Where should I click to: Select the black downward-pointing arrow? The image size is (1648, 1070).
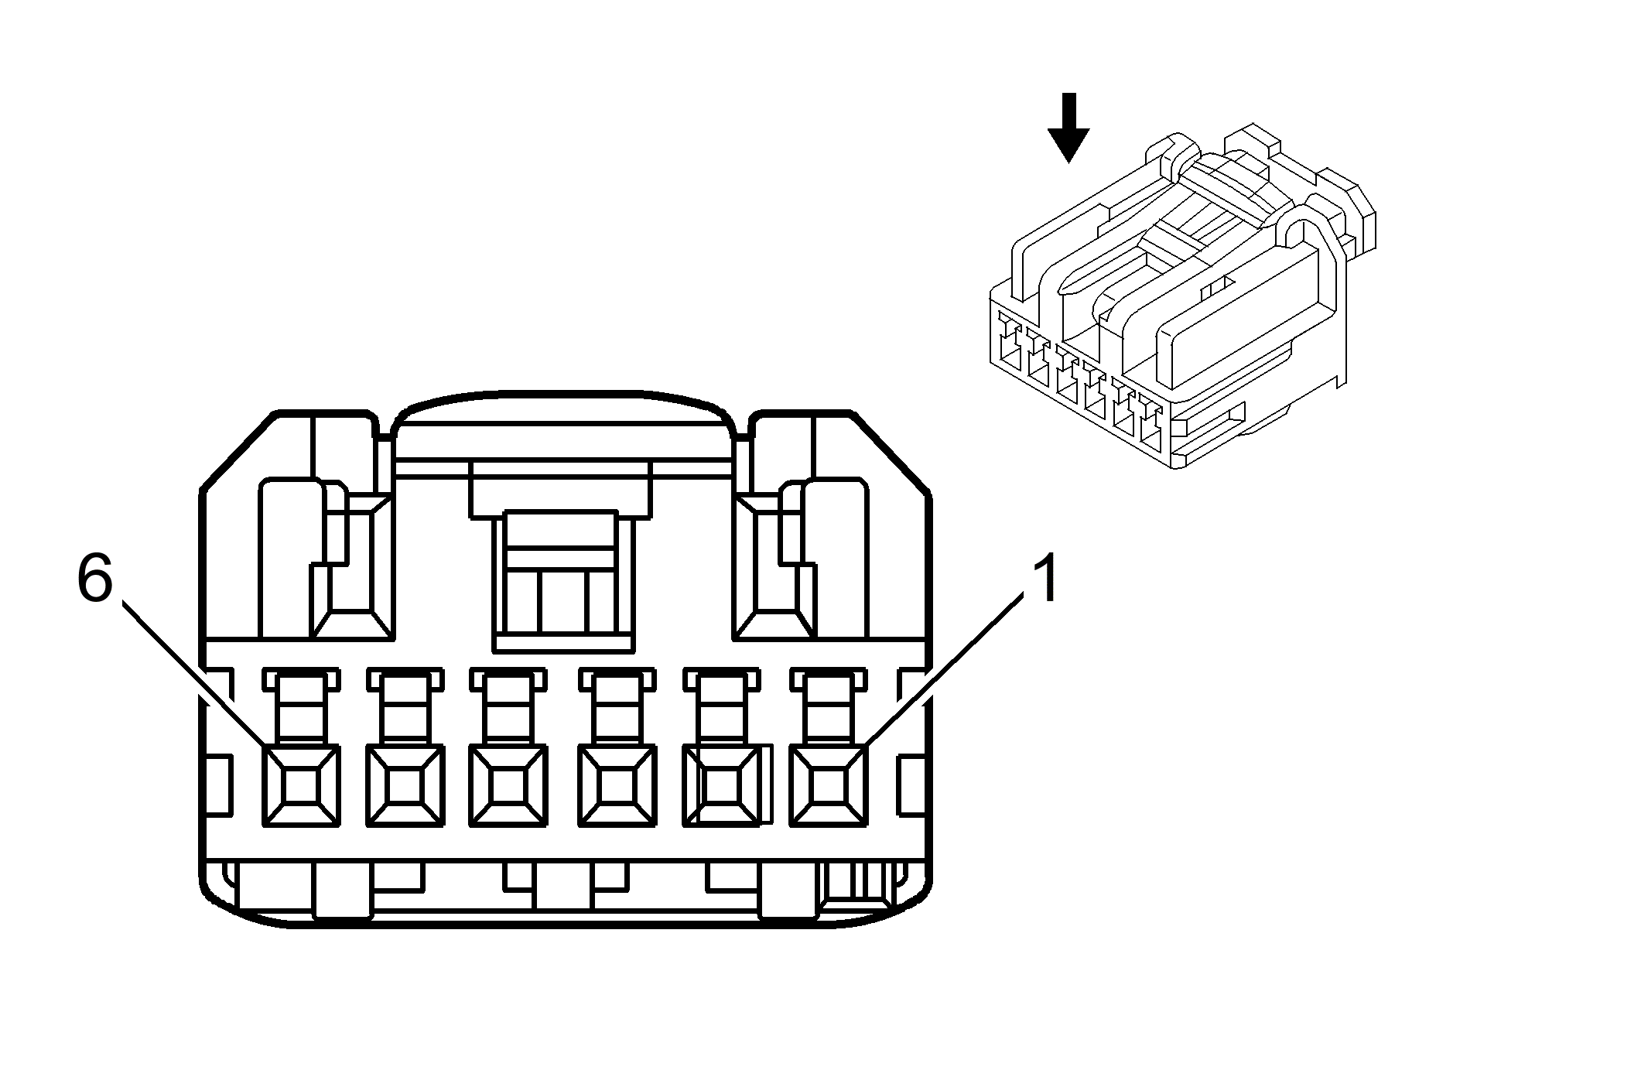point(1068,128)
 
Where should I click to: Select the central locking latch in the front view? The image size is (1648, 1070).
point(562,580)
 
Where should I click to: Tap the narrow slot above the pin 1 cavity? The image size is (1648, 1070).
point(827,708)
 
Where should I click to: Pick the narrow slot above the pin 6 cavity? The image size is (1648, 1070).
point(300,708)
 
